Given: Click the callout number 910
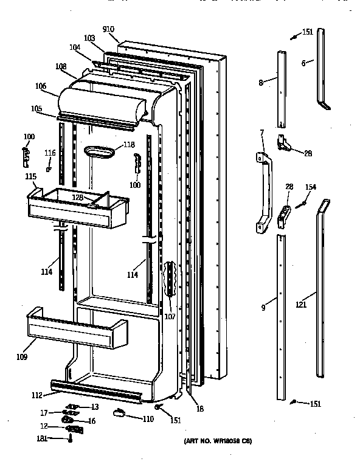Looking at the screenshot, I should (x=109, y=29).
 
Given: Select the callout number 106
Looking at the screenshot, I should (x=41, y=86).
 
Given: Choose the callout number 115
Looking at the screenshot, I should (x=30, y=176).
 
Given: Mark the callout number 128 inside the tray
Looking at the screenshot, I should (x=78, y=198).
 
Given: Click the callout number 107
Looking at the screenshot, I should (x=170, y=316).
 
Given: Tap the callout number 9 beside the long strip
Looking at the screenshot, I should (x=263, y=308).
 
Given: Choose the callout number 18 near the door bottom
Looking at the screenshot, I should (x=200, y=409).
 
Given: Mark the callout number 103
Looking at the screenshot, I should (x=89, y=38).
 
